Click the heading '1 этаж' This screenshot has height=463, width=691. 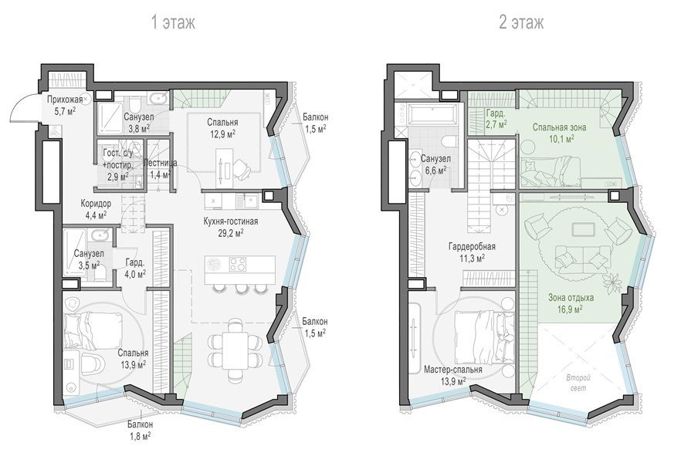pyautogui.click(x=173, y=22)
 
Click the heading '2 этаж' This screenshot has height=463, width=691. pyautogui.click(x=521, y=22)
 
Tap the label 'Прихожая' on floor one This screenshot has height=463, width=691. pyautogui.click(x=65, y=100)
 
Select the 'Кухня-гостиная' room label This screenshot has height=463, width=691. pyautogui.click(x=231, y=221)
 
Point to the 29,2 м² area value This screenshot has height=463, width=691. pyautogui.click(x=231, y=233)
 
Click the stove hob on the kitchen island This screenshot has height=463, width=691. pyautogui.click(x=238, y=264)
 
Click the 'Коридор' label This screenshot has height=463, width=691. pyautogui.click(x=96, y=204)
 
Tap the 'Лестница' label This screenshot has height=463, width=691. pyautogui.click(x=161, y=163)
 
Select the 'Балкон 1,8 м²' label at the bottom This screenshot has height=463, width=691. pyautogui.click(x=141, y=431)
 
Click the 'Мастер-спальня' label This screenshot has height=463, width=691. pyautogui.click(x=452, y=370)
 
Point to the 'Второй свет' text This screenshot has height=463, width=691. pyautogui.click(x=578, y=383)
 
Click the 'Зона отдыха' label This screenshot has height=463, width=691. pyautogui.click(x=571, y=297)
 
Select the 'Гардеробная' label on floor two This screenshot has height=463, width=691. pyautogui.click(x=472, y=247)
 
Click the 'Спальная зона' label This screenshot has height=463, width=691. pyautogui.click(x=559, y=127)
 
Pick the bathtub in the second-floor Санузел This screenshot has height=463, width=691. pyautogui.click(x=432, y=114)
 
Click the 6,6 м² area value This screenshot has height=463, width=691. pyautogui.click(x=433, y=171)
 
